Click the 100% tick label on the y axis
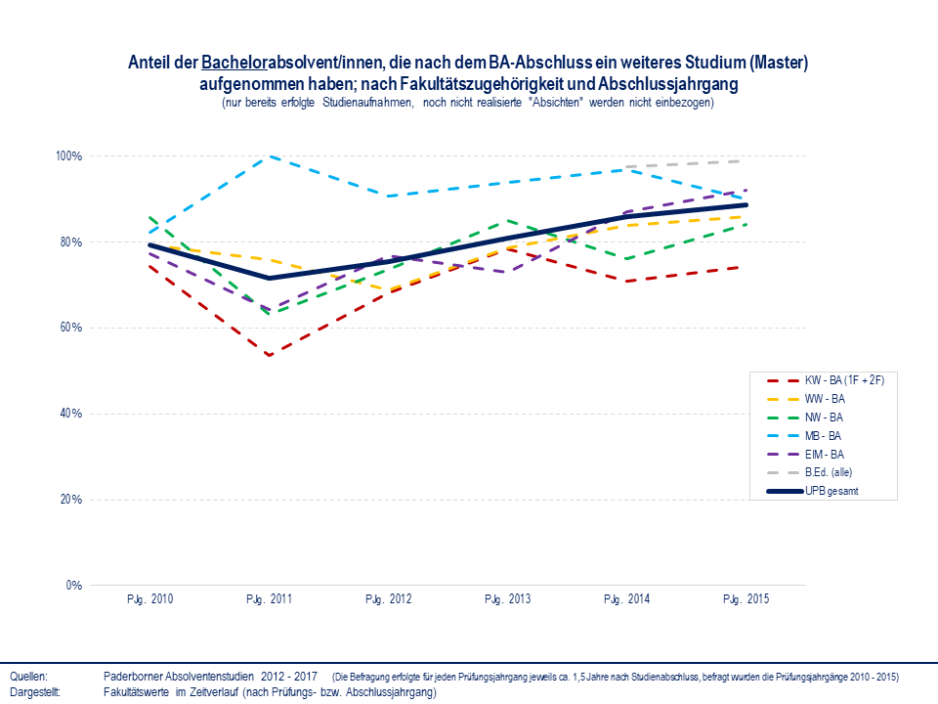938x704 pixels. (68, 156)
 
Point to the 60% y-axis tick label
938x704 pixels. (70, 328)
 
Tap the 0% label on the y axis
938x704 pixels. (73, 586)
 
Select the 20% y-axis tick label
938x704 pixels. (70, 500)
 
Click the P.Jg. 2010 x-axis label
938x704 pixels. (150, 599)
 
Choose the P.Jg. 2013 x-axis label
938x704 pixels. (508, 599)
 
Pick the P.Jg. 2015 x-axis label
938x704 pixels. (746, 599)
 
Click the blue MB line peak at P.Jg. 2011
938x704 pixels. (270, 156)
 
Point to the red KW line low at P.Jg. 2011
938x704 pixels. (270, 355)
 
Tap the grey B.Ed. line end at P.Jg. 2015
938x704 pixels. (746, 160)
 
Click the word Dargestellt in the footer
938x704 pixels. (35, 691)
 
